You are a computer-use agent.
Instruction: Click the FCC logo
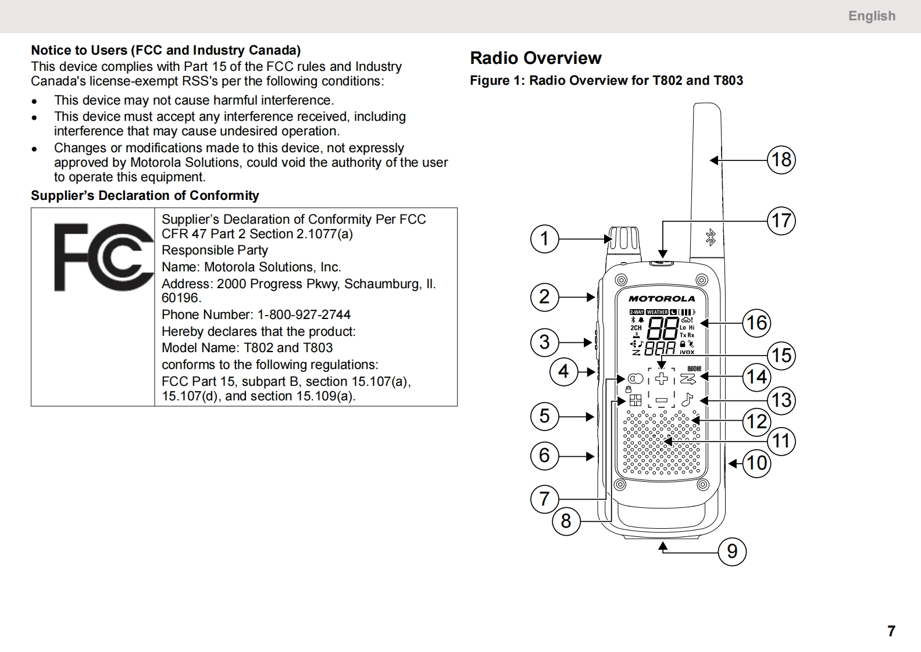click(x=104, y=257)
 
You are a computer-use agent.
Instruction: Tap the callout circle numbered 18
click(x=781, y=160)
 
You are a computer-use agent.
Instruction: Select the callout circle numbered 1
click(x=544, y=239)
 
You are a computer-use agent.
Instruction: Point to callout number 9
click(x=732, y=551)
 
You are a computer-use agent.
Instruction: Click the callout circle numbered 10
click(x=756, y=463)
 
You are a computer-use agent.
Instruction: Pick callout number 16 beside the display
click(x=756, y=323)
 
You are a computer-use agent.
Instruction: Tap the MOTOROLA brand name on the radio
click(x=662, y=299)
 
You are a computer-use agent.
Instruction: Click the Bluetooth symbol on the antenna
click(x=711, y=238)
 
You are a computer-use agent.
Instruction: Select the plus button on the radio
click(x=661, y=378)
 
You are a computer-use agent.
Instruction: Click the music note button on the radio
click(x=687, y=399)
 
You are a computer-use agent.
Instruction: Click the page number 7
click(x=891, y=630)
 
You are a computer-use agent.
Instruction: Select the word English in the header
click(x=872, y=16)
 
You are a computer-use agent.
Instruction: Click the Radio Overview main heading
click(x=536, y=58)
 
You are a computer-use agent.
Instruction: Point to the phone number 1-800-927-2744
click(x=304, y=315)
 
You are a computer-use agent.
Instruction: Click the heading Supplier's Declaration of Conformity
click(x=145, y=196)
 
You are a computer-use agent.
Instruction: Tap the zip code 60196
click(x=181, y=298)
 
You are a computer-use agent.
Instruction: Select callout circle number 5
click(x=544, y=416)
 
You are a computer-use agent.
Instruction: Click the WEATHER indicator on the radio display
click(x=656, y=312)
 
